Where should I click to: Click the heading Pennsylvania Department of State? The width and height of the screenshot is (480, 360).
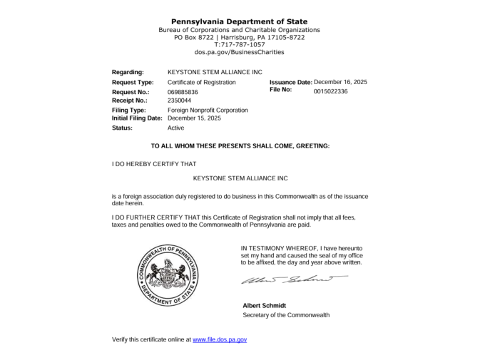click(240, 21)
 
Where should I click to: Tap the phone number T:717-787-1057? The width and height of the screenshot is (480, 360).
click(240, 44)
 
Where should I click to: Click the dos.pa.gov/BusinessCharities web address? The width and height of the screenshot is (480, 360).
click(240, 52)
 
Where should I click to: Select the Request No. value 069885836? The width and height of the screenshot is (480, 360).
click(183, 93)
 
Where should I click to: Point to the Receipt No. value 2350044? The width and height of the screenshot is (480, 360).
click(179, 101)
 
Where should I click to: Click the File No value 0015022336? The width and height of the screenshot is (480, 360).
click(331, 91)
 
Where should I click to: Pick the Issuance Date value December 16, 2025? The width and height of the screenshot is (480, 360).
click(340, 82)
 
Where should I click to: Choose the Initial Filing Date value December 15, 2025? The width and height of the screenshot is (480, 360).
click(194, 118)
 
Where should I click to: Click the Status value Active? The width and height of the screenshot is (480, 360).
click(175, 128)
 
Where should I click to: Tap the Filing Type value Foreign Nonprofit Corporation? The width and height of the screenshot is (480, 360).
click(208, 110)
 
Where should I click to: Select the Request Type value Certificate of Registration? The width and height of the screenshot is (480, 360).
click(201, 83)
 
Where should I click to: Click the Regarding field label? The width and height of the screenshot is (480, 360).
click(128, 72)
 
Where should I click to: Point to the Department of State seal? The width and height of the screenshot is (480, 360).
click(168, 274)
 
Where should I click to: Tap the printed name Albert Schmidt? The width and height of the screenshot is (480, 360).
click(264, 306)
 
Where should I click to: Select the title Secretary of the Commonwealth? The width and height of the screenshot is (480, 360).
click(286, 315)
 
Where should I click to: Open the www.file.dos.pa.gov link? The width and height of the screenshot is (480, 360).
click(220, 340)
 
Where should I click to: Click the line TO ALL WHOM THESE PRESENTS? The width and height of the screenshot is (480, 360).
click(240, 146)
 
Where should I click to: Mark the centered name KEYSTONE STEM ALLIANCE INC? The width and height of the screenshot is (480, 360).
click(240, 178)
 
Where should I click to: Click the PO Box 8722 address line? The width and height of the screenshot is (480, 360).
click(240, 37)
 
